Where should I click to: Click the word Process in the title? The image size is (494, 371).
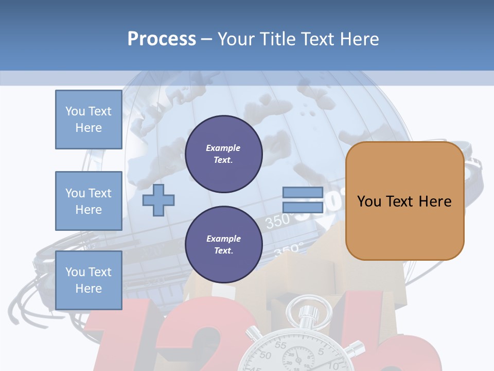click(x=162, y=39)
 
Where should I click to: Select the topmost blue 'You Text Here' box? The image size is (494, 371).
click(x=89, y=120)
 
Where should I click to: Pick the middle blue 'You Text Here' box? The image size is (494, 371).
click(x=89, y=201)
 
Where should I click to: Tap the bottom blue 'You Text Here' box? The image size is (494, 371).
click(x=89, y=280)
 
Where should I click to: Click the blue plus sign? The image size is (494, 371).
click(x=158, y=200)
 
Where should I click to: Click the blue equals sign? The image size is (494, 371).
click(x=303, y=200)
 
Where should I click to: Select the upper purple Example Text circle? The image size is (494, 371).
click(x=223, y=154)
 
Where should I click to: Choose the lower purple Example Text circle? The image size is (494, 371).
click(x=223, y=244)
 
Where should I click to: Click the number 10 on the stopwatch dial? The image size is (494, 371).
click(x=331, y=364)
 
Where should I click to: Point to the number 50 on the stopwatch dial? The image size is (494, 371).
click(x=266, y=355)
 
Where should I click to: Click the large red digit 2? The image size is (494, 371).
click(x=201, y=340)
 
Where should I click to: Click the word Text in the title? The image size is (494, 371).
click(x=317, y=39)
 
